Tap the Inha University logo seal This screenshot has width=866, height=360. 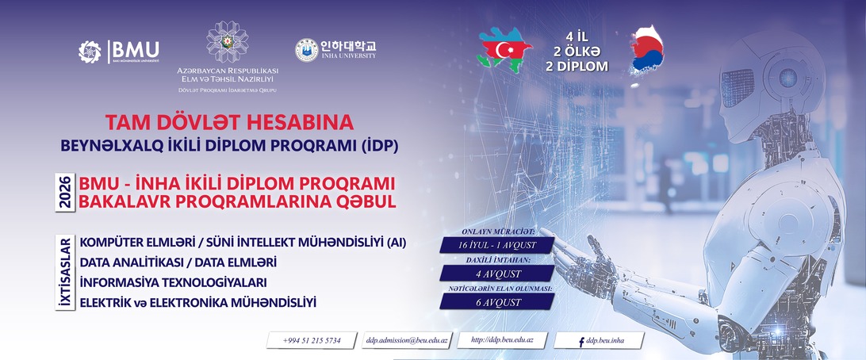(x=307, y=50)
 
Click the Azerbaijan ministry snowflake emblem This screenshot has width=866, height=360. (x=227, y=41)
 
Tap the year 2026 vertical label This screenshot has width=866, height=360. (x=66, y=193)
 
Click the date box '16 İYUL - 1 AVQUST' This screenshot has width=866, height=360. (x=497, y=245)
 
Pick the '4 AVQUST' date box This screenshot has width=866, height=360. (x=497, y=274)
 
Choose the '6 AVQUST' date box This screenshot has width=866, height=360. (x=497, y=301)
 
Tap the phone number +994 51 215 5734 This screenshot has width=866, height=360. (x=312, y=341)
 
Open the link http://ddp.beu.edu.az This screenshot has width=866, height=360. (x=502, y=340)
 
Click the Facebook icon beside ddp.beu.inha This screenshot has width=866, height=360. (x=581, y=342)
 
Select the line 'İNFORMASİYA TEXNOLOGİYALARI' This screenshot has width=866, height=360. (x=174, y=283)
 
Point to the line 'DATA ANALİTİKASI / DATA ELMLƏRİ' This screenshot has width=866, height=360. (x=178, y=262)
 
